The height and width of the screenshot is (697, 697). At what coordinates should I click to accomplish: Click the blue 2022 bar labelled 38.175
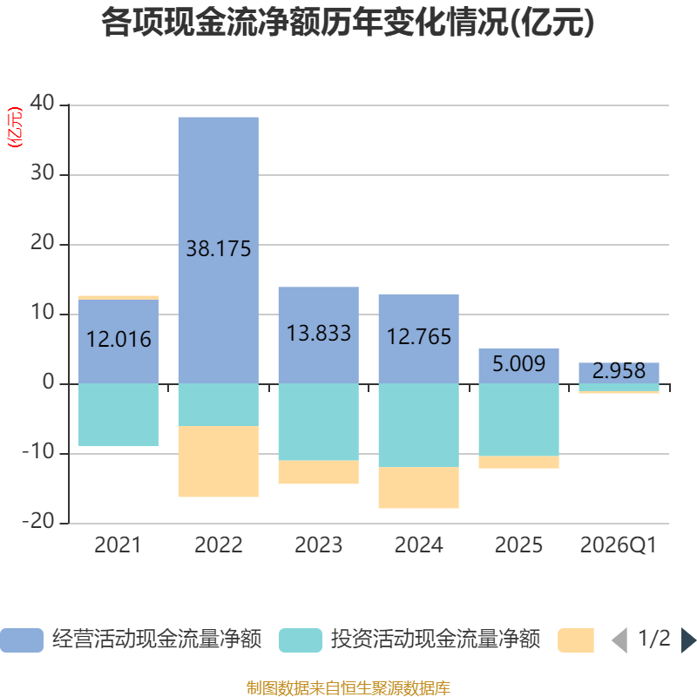coord(219,250)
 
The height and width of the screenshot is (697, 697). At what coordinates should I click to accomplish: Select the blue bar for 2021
coord(118,342)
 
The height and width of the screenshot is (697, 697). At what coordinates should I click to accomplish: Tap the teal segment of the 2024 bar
coord(419,425)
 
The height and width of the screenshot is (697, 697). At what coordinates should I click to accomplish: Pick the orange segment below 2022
coord(219,462)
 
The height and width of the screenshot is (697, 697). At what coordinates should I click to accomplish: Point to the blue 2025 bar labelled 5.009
coord(518,366)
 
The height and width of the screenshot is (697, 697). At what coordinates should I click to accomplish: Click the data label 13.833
coord(319,334)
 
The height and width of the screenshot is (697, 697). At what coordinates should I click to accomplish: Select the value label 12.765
coord(419,336)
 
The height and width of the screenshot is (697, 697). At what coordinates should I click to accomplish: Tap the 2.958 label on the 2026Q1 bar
coord(619,371)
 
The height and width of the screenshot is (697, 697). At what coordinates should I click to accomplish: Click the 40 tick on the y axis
coord(42,103)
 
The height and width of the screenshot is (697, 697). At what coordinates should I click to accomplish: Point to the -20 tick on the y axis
coord(38,521)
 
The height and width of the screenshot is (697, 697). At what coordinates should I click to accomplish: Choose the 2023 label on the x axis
coord(319,545)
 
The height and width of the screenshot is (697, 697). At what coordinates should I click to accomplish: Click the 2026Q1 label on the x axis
coord(619,545)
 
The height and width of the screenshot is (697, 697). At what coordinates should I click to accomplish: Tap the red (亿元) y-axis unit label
coord(15,127)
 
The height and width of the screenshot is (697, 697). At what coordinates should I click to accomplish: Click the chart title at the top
coord(348,23)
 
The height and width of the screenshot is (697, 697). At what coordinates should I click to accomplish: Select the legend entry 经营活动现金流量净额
coord(157,639)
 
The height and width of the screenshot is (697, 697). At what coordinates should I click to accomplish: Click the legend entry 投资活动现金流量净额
coord(436,639)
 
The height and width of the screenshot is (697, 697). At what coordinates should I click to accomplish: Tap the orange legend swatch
coord(576,640)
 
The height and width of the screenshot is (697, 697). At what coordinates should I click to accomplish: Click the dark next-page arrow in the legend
coord(688,640)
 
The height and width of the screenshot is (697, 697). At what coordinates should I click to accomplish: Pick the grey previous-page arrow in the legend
coord(620,640)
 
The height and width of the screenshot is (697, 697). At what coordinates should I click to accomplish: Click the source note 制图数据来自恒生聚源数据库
coord(348,688)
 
